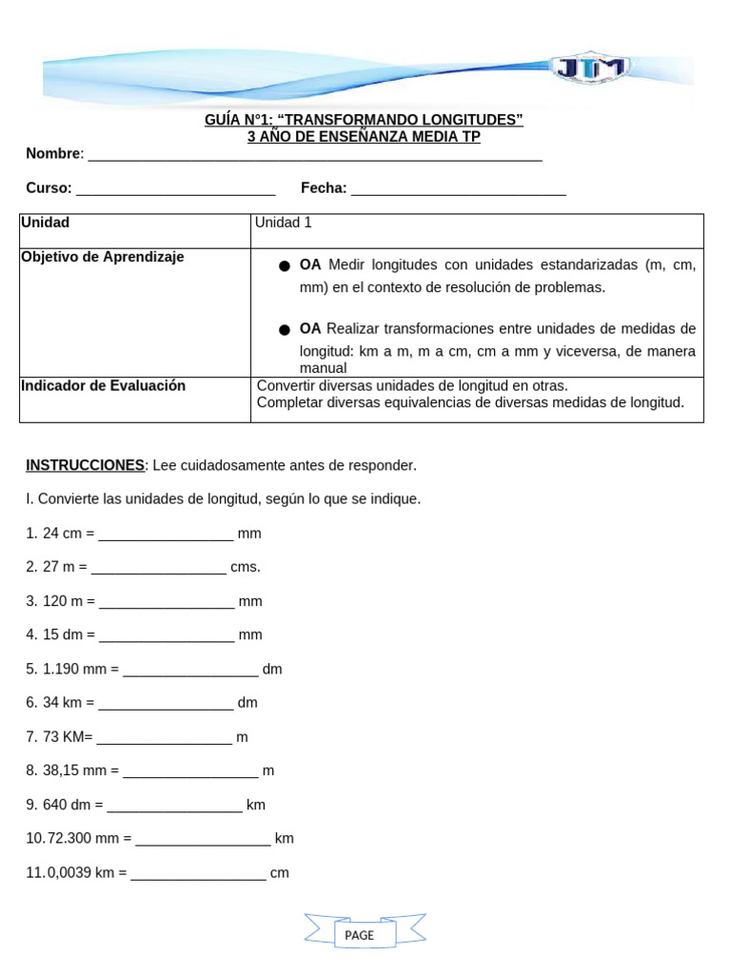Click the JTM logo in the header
pos(589,68)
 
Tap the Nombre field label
pos(54,154)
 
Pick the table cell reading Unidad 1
pos(283,223)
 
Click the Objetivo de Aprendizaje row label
pos(103,258)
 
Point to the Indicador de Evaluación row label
pos(103,386)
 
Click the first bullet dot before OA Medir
pos(285,266)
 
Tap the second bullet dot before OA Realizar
pos(285,330)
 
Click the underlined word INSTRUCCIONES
pos(85,465)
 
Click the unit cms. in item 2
pos(245,567)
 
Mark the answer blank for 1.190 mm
pos(190,671)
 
